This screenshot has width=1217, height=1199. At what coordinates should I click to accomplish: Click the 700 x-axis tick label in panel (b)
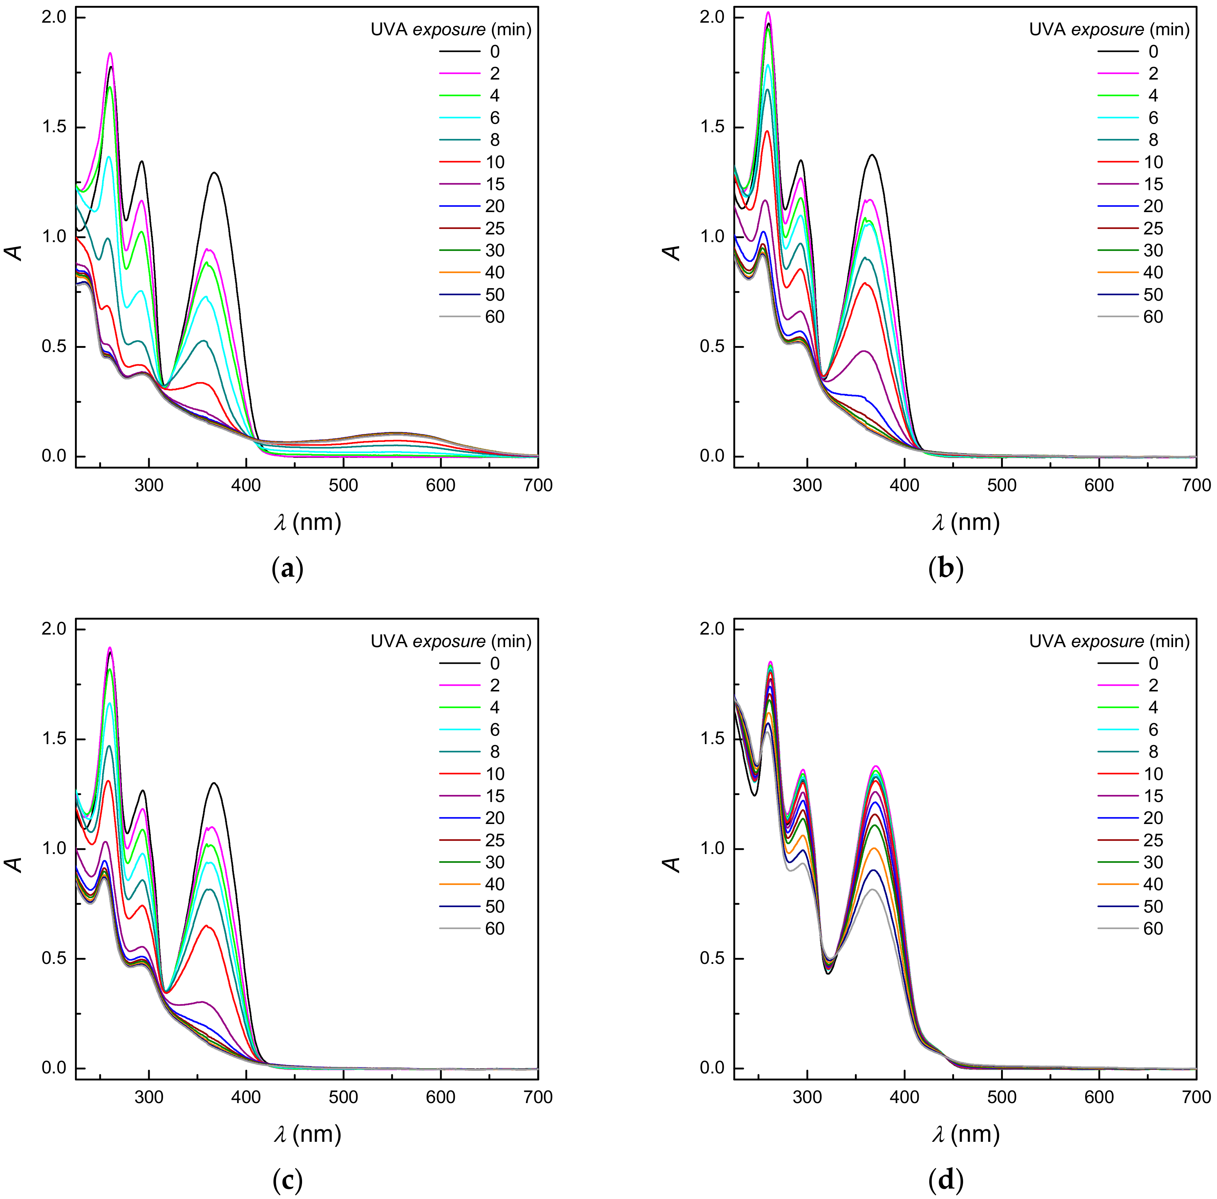point(1196,485)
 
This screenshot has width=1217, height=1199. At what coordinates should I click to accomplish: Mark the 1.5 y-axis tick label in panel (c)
point(53,738)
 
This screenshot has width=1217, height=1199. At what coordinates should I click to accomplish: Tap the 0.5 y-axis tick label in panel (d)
point(712,958)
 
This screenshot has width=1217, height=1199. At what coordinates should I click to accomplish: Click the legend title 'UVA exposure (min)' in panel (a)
point(451,30)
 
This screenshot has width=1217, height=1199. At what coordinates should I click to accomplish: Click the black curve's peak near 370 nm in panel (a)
point(215,173)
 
